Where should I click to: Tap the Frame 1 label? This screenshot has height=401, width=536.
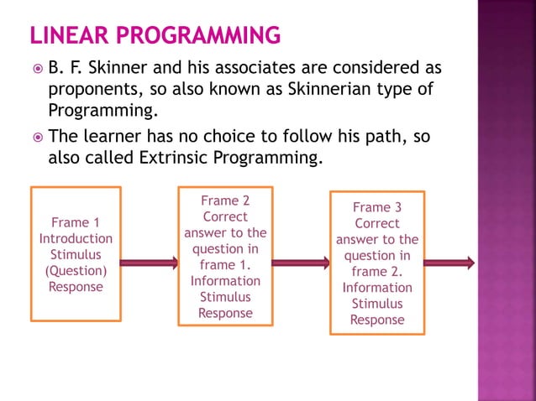click(76, 222)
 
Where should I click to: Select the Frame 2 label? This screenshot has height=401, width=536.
click(225, 200)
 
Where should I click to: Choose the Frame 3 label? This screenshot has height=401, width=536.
click(377, 207)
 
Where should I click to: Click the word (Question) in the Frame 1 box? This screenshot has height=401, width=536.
click(76, 270)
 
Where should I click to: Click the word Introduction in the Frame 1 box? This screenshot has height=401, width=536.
click(76, 238)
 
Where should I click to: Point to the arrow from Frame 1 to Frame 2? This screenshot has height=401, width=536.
click(149, 263)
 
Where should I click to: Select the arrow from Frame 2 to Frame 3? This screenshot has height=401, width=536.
click(301, 263)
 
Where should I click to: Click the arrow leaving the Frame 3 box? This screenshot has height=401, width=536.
click(449, 263)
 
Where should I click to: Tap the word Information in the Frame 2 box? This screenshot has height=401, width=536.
click(225, 281)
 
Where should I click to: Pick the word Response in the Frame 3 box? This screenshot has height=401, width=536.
click(377, 320)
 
